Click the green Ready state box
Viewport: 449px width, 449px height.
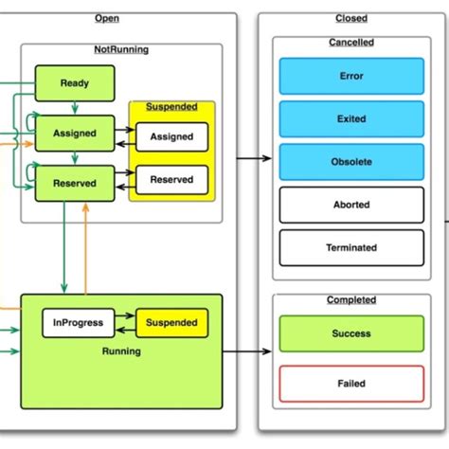(74, 83)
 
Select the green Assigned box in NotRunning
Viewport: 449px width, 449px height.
(74, 134)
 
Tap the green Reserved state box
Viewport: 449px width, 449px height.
(74, 184)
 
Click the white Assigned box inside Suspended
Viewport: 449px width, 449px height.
(171, 136)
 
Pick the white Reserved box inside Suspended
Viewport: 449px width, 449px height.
(171, 179)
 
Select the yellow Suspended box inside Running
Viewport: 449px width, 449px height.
(171, 322)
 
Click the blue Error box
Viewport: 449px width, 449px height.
(350, 76)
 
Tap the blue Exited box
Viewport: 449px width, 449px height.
(350, 119)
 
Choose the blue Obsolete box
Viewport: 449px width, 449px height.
(350, 162)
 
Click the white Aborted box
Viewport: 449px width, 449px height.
(350, 205)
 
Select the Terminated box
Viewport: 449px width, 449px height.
(350, 248)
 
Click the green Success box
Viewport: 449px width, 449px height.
(350, 333)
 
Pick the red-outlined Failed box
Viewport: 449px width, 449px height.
(350, 384)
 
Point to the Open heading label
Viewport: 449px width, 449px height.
(107, 19)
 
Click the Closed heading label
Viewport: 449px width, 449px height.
(350, 19)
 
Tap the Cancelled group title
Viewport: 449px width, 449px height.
(350, 43)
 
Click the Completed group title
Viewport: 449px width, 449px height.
(350, 300)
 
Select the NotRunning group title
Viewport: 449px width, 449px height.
(121, 49)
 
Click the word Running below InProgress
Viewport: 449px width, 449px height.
(121, 351)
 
